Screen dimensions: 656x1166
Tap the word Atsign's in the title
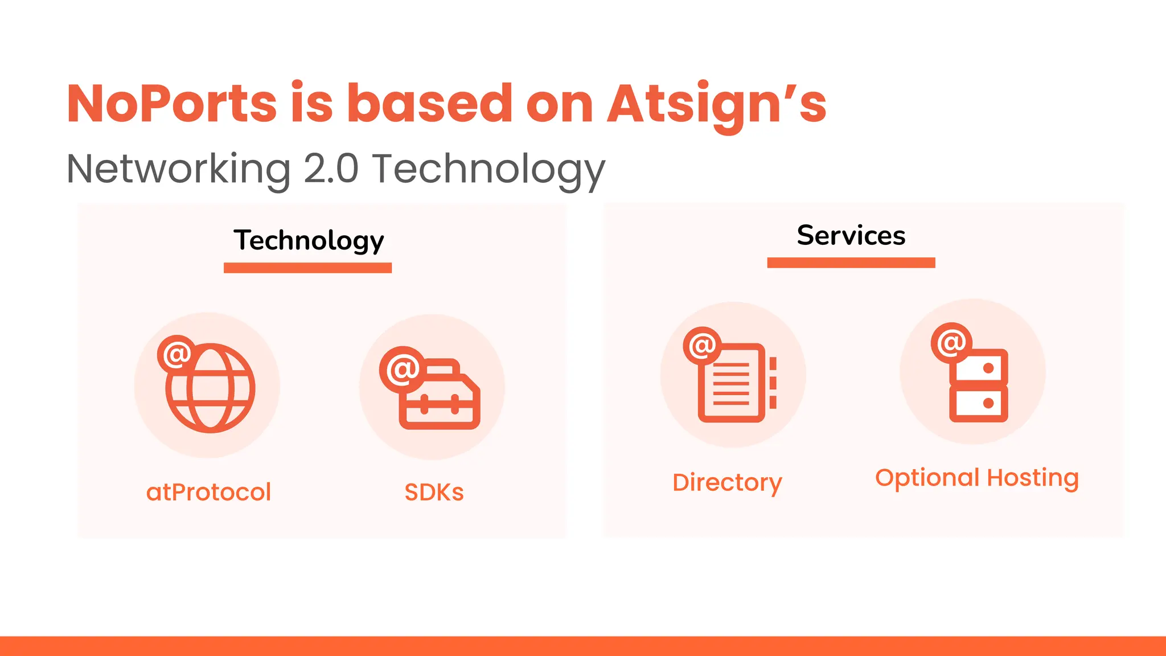point(716,104)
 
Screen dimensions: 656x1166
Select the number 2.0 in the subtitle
point(331,169)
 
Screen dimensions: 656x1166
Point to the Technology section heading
point(309,240)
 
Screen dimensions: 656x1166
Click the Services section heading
point(851,235)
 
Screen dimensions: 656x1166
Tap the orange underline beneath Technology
point(307,268)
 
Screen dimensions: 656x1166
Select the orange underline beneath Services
point(851,263)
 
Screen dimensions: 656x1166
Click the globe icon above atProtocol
point(211,388)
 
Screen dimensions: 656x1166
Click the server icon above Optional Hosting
point(978,386)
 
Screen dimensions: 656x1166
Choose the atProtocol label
point(208,492)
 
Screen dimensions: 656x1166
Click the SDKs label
point(434,492)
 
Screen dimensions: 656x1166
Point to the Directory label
point(727,482)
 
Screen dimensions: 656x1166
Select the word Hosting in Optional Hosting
point(1032,478)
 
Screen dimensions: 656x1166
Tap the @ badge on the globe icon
point(176,354)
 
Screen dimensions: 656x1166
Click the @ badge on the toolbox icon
point(403,370)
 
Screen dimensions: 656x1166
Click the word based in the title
point(430,104)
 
